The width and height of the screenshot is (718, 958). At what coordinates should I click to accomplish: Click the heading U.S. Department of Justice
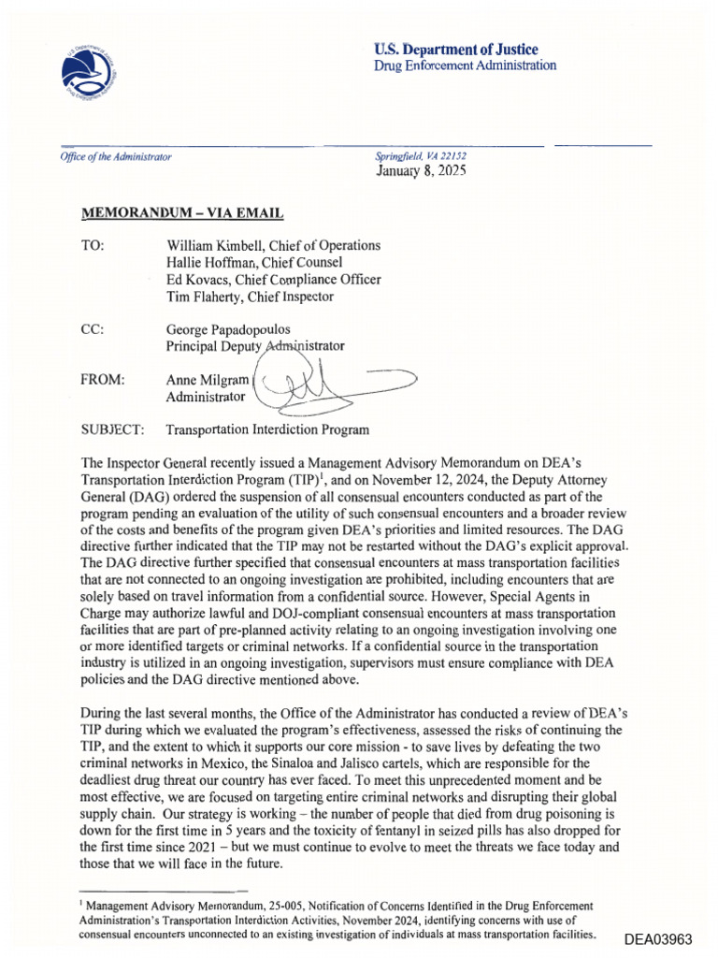(455, 49)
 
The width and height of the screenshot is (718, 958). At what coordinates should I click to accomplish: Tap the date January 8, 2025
(421, 171)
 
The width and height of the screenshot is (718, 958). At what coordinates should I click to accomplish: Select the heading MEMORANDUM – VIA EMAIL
(182, 213)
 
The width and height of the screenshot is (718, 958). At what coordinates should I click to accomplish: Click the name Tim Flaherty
(201, 297)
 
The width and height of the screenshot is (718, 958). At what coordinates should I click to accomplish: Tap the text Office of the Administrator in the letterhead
(117, 157)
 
